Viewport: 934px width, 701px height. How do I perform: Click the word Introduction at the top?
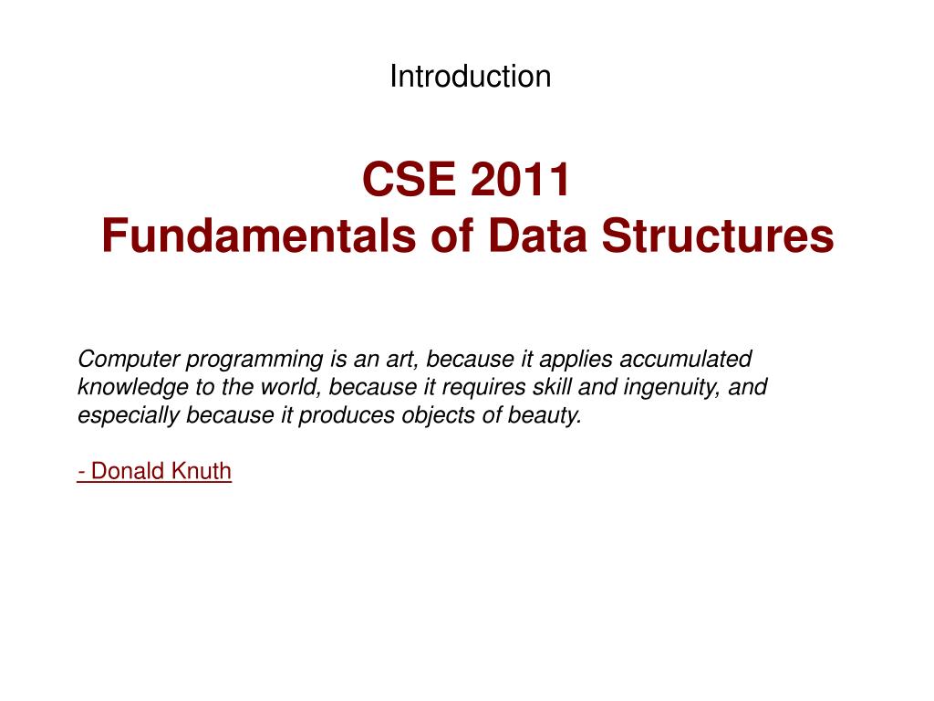[x=470, y=77]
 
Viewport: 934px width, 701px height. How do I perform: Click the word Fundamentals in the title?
[x=259, y=235]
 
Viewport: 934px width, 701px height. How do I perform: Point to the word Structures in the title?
[x=718, y=235]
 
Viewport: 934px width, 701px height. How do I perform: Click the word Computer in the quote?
[x=129, y=359]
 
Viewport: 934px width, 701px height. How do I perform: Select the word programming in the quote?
[x=254, y=360]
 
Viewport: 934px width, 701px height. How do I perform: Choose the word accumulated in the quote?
[x=686, y=359]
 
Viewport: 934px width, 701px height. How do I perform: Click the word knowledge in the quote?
[x=133, y=388]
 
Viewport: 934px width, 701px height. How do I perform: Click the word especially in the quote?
[x=129, y=416]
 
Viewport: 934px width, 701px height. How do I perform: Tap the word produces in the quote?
[x=347, y=416]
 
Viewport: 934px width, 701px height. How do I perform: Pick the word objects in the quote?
[x=439, y=416]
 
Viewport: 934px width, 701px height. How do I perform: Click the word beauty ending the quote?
[x=545, y=416]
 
